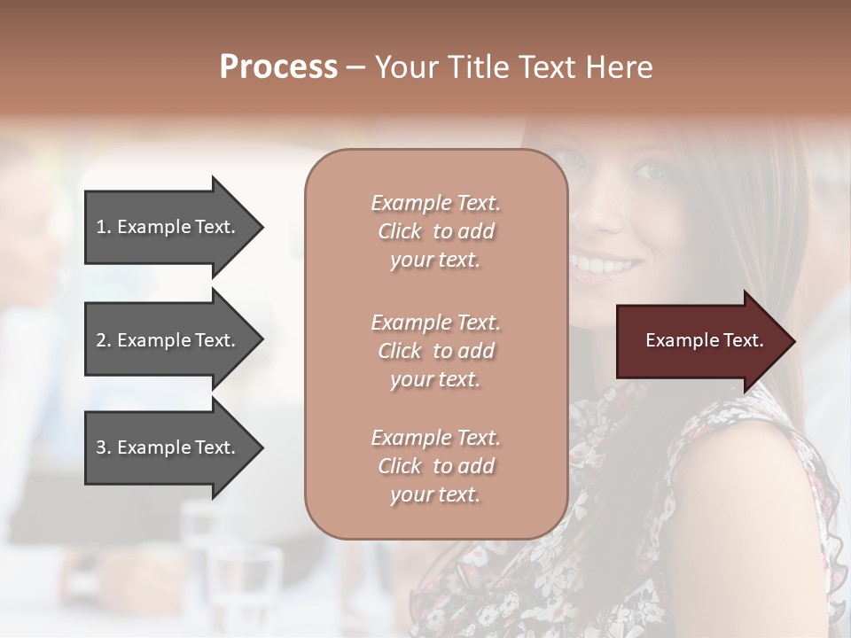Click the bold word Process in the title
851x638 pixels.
coord(278,67)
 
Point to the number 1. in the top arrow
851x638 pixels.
coord(104,227)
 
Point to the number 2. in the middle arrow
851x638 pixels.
coord(104,340)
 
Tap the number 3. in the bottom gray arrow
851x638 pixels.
coord(104,447)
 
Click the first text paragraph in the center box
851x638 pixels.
coord(435,231)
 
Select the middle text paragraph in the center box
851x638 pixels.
coord(435,351)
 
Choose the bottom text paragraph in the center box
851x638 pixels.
coord(435,466)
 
